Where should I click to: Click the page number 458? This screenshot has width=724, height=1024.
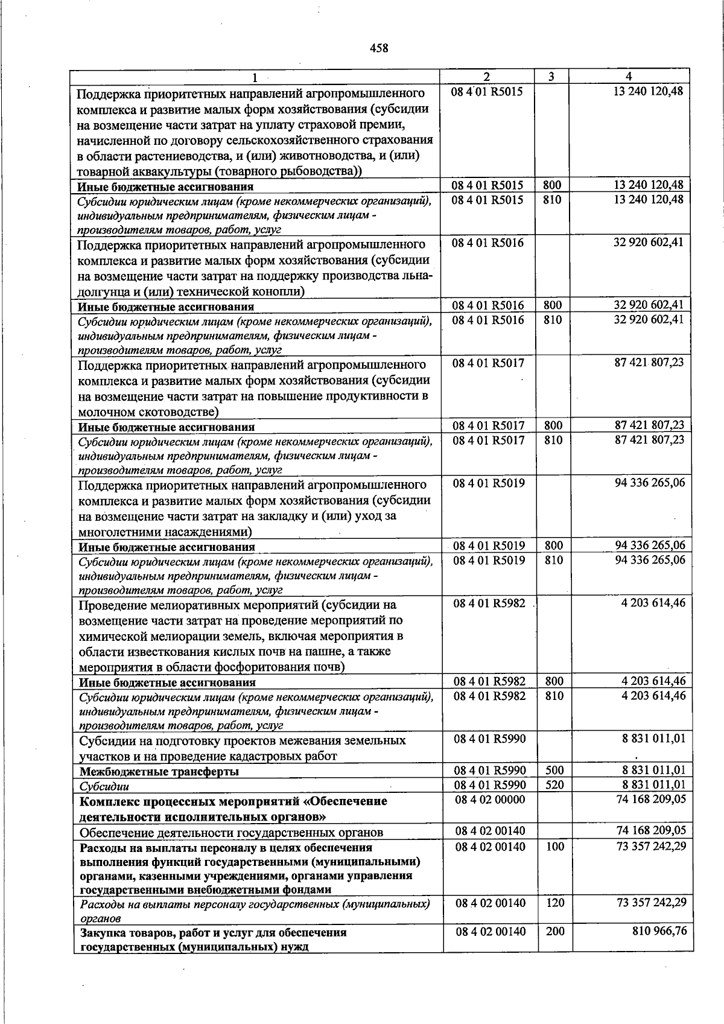tap(379, 48)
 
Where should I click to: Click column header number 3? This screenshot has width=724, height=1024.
tap(552, 77)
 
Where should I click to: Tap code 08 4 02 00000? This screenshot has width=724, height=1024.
tap(490, 800)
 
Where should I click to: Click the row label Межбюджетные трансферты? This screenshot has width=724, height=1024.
tap(159, 772)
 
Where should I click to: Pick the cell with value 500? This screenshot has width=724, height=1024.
tap(554, 770)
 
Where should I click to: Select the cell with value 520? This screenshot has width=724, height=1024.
tap(554, 784)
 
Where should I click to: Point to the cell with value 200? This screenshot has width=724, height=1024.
tap(554, 931)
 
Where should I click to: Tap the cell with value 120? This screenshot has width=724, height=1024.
tap(554, 903)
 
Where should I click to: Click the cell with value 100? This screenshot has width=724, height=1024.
tap(554, 847)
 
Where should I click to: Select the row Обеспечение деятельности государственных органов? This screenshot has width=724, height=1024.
tap(231, 833)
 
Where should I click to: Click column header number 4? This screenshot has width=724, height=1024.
tap(629, 77)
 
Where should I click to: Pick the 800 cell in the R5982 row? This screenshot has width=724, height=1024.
tap(553, 681)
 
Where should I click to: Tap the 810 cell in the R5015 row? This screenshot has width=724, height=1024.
tap(552, 199)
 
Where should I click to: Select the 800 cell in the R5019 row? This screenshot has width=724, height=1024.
tap(553, 545)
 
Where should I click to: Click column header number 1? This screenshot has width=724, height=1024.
tap(255, 77)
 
